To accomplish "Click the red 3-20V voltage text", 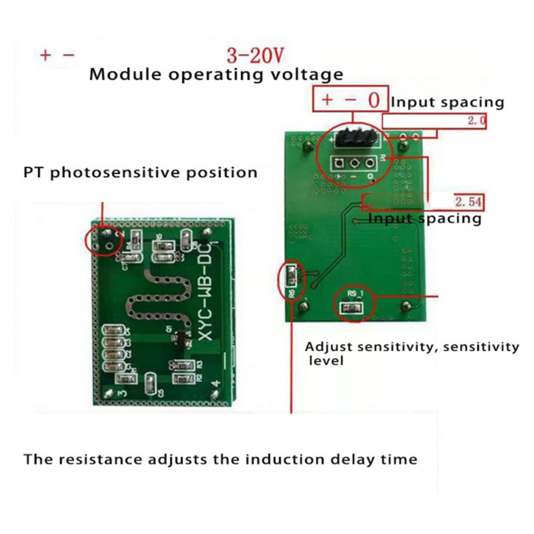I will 255,55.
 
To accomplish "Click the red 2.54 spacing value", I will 468,202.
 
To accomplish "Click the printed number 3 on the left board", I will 122,393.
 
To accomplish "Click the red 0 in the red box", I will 373,100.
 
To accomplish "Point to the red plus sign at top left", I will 45,55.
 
